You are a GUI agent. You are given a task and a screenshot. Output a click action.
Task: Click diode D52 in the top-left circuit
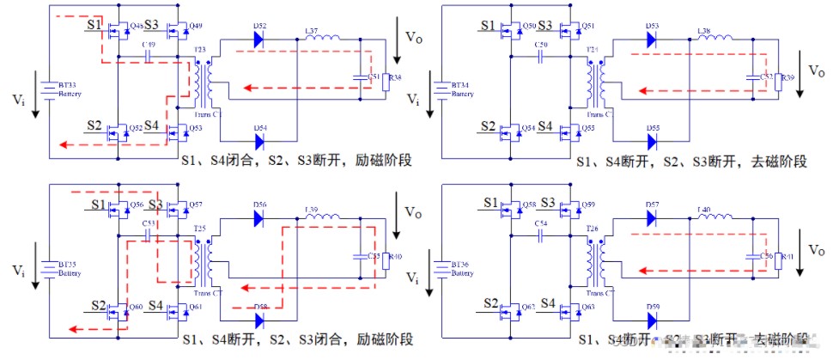tap(258, 39)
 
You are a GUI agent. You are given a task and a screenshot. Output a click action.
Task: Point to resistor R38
tap(386, 82)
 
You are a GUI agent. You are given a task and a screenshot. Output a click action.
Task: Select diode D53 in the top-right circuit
tap(651, 39)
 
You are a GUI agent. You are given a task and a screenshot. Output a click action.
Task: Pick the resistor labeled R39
tap(778, 82)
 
